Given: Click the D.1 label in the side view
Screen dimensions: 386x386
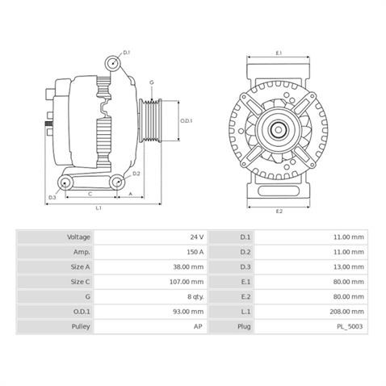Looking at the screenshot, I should tap(127, 52).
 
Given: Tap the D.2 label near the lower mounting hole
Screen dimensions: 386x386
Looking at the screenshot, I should tap(136, 174).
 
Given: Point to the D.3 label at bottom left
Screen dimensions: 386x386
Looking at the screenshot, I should tap(52, 197).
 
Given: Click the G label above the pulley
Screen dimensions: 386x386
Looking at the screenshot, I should tap(151, 82).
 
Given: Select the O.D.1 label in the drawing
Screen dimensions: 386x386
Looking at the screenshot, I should tap(186, 121).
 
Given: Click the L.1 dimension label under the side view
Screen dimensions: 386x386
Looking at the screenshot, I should tap(98, 208).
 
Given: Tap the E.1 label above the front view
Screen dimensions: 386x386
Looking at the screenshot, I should tap(279, 53).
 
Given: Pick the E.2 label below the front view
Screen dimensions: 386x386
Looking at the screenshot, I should tap(279, 211).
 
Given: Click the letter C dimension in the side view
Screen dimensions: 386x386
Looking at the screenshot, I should tap(90, 193).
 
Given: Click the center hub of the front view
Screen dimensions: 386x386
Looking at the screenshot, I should tap(279, 128).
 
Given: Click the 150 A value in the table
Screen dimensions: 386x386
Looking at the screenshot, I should tap(194, 252).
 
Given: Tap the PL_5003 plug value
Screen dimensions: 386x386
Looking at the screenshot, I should tap(350, 326).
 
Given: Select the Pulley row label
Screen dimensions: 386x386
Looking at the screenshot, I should tap(78, 326).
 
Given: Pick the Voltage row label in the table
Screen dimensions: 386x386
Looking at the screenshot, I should tap(78, 237).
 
